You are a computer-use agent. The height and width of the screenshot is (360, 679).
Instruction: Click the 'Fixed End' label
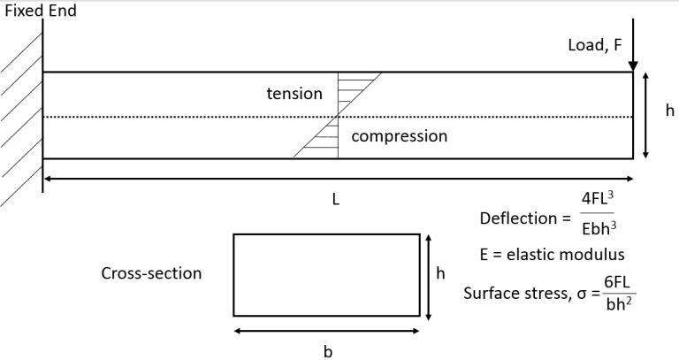(41, 12)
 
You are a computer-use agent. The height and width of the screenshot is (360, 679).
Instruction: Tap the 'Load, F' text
(595, 46)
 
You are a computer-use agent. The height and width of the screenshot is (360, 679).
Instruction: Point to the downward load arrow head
(633, 65)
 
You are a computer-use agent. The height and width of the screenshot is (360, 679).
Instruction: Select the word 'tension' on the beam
(294, 94)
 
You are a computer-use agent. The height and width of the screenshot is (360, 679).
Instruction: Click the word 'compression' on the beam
(399, 136)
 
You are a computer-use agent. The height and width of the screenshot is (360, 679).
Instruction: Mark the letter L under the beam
(336, 200)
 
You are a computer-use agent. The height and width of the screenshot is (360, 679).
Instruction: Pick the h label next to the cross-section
(440, 273)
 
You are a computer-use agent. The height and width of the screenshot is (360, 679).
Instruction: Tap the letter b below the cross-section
(327, 351)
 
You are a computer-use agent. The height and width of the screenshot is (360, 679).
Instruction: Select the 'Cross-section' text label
(151, 273)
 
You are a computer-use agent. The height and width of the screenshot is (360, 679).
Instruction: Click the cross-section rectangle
(326, 274)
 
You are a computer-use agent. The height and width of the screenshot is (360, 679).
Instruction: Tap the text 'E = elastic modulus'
(553, 255)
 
